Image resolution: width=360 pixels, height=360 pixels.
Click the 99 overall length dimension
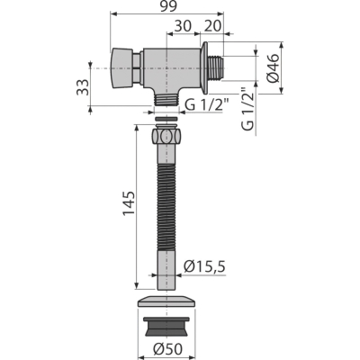point(168,6)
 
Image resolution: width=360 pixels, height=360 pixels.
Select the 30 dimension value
point(183,26)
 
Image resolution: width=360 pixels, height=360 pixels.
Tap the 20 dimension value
point(212,26)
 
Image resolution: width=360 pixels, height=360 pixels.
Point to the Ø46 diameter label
point(274,67)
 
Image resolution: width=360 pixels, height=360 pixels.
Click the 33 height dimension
point(83,87)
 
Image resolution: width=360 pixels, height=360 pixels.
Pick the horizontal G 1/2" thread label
point(207,104)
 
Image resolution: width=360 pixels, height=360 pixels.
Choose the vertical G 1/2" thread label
point(247,109)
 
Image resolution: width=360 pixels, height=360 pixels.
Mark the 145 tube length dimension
point(129,203)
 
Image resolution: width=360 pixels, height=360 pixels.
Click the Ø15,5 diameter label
point(204,266)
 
